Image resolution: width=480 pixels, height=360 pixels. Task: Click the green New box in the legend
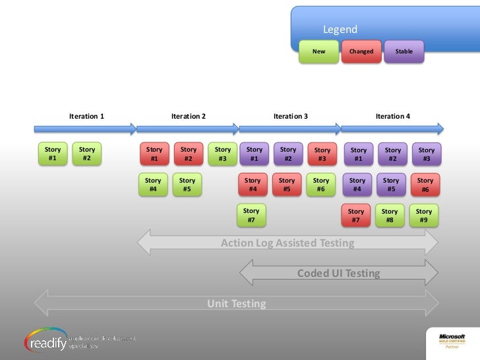[318, 51]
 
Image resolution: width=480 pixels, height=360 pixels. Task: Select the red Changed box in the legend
[361, 51]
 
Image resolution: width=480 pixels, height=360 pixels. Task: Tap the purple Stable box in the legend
[404, 51]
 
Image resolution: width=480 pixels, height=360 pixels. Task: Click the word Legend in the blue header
[340, 30]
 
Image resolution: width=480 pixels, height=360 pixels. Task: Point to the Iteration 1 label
[86, 116]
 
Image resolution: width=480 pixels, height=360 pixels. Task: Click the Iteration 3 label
[291, 116]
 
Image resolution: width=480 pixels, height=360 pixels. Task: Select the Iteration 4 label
[393, 116]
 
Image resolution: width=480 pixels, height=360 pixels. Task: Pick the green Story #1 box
[53, 154]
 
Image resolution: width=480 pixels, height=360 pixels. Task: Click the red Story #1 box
[154, 154]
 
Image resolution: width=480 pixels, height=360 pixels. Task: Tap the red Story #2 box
[189, 154]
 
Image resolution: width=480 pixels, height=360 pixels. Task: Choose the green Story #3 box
[223, 154]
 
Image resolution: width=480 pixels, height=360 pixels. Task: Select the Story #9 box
[424, 216]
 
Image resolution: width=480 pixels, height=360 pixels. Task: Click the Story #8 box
[390, 216]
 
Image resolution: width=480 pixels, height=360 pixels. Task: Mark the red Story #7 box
[356, 216]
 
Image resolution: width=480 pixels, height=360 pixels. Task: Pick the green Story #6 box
[321, 185]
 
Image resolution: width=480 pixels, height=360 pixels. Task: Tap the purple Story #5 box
[391, 185]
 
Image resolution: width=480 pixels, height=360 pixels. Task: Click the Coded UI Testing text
[338, 273]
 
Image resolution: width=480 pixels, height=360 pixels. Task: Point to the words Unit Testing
[237, 304]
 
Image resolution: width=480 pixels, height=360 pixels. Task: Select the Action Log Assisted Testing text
[287, 243]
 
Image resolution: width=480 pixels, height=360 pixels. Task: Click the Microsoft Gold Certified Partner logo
[452, 340]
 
